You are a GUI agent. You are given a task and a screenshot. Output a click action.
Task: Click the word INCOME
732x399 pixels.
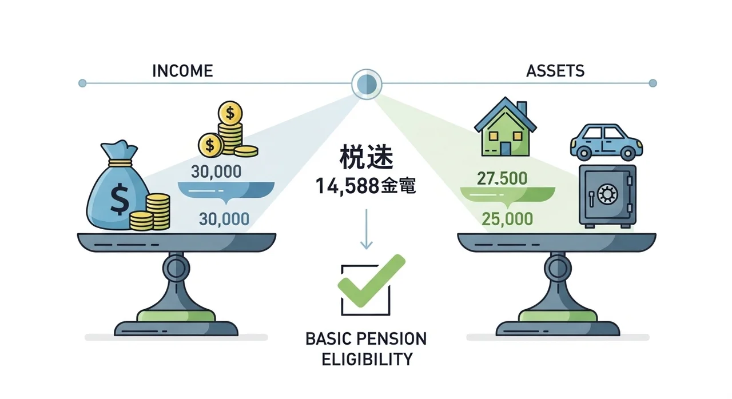(x=182, y=71)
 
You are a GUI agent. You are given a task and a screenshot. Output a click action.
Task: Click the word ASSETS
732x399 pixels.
(x=555, y=71)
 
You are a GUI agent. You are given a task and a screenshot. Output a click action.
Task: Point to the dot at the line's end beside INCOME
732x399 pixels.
(x=82, y=83)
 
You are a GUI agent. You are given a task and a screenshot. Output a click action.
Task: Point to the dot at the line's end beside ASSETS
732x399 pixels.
(x=653, y=83)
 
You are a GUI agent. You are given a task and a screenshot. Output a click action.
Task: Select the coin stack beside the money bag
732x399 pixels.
(x=151, y=212)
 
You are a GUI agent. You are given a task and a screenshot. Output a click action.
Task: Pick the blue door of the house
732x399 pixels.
(x=506, y=148)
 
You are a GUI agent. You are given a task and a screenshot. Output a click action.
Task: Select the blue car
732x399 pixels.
(x=604, y=141)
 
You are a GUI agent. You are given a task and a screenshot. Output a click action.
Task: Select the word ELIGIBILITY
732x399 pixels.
(x=367, y=360)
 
